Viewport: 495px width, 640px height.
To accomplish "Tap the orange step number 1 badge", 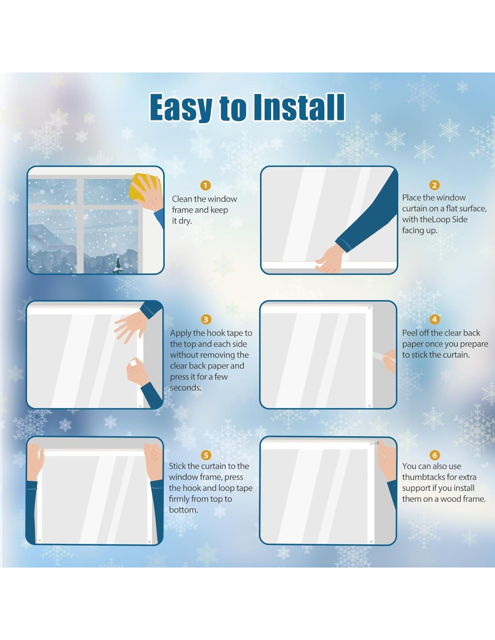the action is click(205, 185).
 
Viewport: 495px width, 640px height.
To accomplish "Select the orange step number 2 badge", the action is click(434, 185).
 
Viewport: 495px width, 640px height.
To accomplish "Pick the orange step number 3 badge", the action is click(206, 320).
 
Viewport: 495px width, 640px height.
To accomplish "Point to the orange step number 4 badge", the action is click(434, 319).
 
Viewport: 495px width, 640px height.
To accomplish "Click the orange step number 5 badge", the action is click(206, 455).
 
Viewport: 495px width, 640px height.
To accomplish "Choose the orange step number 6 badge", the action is click(434, 455).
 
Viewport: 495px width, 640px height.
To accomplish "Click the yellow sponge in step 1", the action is click(141, 185).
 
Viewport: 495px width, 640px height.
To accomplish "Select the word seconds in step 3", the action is click(185, 388).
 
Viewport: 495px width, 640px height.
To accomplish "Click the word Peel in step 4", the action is click(411, 333).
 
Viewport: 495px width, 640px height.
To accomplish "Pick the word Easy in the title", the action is click(181, 107).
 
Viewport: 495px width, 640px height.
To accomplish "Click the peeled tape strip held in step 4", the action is click(380, 356).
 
